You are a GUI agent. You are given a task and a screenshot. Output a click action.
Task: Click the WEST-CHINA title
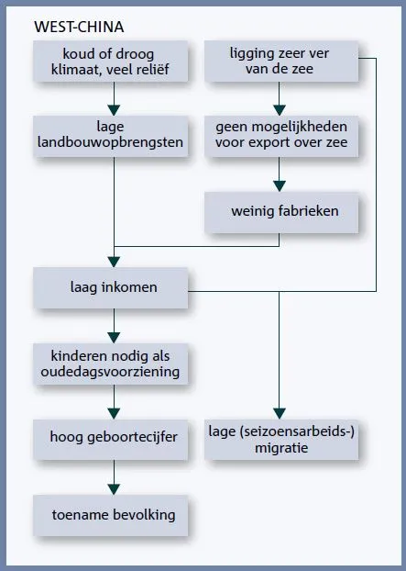(x=79, y=27)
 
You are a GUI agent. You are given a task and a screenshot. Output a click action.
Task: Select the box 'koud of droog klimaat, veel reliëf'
(x=111, y=62)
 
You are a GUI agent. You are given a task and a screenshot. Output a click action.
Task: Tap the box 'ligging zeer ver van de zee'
(x=281, y=62)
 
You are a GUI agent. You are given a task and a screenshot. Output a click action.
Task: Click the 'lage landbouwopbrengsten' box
(x=111, y=136)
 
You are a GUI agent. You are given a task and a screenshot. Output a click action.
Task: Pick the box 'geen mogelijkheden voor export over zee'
(x=281, y=136)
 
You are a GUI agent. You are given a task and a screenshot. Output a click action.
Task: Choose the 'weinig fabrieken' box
(x=281, y=212)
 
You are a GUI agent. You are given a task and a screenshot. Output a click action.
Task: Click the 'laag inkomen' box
(x=111, y=288)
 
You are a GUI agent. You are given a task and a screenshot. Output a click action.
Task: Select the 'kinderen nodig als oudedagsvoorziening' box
(x=111, y=364)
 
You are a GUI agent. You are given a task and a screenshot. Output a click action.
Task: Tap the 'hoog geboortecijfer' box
(x=111, y=440)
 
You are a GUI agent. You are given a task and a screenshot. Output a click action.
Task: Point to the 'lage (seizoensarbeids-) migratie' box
(x=281, y=440)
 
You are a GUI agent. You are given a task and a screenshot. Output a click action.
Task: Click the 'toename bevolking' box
(x=111, y=515)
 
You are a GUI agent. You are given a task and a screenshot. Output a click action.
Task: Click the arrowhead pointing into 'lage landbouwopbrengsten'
(x=114, y=110)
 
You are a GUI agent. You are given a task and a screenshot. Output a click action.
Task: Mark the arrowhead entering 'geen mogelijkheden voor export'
(x=280, y=110)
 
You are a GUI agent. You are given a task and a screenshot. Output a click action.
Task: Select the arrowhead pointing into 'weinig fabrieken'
(x=280, y=186)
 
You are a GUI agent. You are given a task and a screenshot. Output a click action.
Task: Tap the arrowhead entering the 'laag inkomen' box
(x=114, y=262)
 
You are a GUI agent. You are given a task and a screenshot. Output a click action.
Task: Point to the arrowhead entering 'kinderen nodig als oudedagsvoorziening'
(x=114, y=338)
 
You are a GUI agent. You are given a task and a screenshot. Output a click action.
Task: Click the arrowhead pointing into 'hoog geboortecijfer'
(x=114, y=414)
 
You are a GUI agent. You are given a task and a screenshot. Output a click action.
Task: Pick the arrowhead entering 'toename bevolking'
(x=114, y=489)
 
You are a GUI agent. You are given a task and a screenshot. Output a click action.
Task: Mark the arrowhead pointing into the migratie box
(x=280, y=414)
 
